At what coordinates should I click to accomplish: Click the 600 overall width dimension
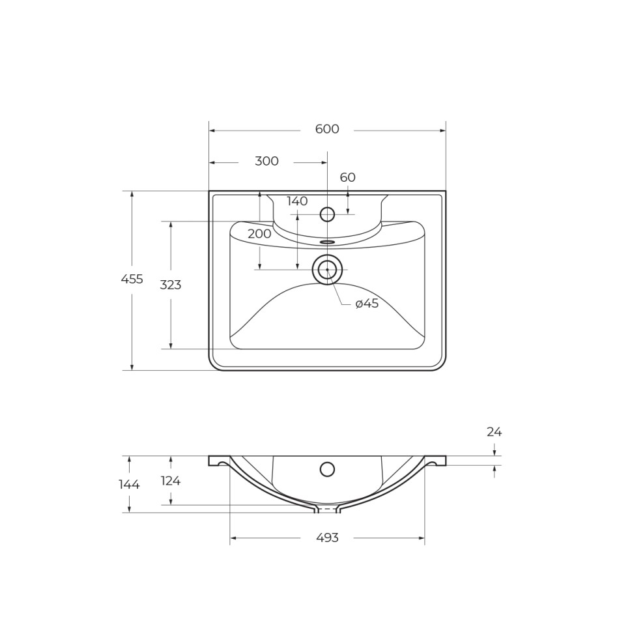[x=327, y=129]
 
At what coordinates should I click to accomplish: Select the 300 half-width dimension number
[x=266, y=162]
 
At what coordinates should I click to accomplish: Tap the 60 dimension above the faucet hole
[x=347, y=177]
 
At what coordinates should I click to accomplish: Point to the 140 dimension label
[x=297, y=201]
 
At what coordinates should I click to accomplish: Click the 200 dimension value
[x=259, y=234]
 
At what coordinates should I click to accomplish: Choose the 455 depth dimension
[x=132, y=280]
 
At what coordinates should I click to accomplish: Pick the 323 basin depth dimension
[x=171, y=285]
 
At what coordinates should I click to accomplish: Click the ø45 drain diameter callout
[x=367, y=304]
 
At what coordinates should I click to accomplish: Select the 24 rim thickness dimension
[x=494, y=432]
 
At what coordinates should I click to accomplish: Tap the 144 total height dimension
[x=129, y=484]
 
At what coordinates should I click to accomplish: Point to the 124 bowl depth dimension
[x=171, y=481]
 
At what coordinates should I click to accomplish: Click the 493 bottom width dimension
[x=327, y=538]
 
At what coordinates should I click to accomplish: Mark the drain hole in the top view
[x=327, y=270]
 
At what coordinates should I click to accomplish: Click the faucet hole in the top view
[x=327, y=214]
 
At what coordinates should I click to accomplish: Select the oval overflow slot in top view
[x=327, y=242]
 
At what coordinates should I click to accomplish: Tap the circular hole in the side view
[x=327, y=469]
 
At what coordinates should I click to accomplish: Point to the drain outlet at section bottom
[x=327, y=509]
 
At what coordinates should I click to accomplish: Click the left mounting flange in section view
[x=218, y=461]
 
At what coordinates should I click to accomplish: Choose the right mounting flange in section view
[x=436, y=461]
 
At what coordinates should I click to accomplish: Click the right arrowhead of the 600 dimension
[x=442, y=130]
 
